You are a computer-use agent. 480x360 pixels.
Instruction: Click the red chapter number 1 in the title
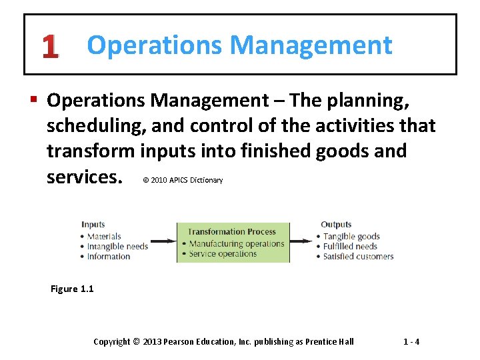click(49, 47)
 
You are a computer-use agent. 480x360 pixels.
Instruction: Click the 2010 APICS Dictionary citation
click(183, 180)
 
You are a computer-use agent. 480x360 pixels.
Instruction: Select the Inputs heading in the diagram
click(93, 225)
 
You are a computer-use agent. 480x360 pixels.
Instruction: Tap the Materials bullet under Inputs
click(103, 236)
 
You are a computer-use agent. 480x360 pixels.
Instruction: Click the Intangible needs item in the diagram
click(117, 246)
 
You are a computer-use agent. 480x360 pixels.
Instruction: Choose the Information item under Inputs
click(108, 256)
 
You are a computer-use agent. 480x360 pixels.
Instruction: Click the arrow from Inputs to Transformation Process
click(162, 241)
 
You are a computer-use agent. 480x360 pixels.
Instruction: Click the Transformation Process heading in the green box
click(231, 232)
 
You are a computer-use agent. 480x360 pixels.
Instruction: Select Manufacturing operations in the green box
click(236, 243)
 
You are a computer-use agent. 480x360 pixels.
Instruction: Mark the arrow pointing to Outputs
click(303, 241)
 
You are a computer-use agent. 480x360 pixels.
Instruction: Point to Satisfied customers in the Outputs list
click(358, 256)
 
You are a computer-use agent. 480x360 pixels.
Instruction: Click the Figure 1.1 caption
click(72, 289)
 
